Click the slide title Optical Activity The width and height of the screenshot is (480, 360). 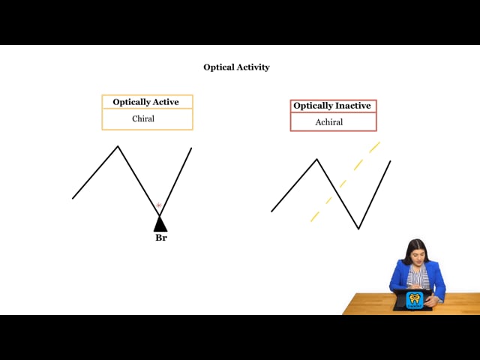click(236, 67)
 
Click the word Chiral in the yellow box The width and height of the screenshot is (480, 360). click(143, 118)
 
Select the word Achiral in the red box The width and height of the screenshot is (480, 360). click(329, 122)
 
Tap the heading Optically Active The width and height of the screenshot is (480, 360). click(145, 102)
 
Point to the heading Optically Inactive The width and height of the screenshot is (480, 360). click(332, 106)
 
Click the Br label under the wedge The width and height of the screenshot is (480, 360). click(161, 238)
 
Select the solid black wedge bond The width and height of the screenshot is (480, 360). click(160, 223)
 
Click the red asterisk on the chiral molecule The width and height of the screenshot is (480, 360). click(158, 205)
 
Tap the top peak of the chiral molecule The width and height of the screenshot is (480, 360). click(118, 146)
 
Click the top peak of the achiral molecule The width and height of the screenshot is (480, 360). click(316, 159)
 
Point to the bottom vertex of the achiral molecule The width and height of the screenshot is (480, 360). click(358, 228)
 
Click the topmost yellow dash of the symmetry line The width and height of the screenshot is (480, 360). click(374, 147)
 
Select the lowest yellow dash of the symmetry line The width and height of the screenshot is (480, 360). click(315, 217)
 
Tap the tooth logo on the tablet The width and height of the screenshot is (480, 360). click(415, 300)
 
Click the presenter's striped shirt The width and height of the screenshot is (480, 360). click(418, 276)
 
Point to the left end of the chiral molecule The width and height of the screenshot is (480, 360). click(73, 198)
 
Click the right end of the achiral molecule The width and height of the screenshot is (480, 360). click(390, 161)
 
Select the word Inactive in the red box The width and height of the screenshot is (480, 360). click(352, 106)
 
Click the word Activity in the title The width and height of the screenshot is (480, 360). click(253, 67)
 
